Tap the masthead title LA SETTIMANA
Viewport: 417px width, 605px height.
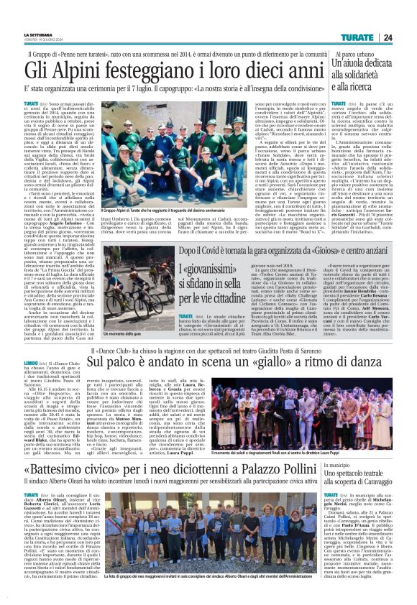(37, 35)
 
